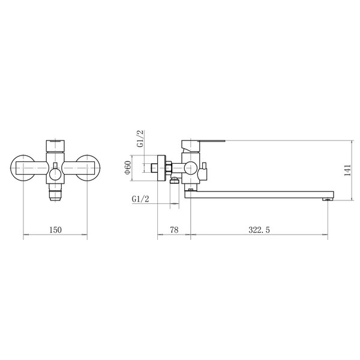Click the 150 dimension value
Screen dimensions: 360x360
(x=56, y=230)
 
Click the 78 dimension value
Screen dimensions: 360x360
(x=174, y=230)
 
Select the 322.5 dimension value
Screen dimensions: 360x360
(x=259, y=230)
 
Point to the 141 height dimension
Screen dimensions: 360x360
(x=347, y=170)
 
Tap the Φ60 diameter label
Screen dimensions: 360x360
(x=128, y=167)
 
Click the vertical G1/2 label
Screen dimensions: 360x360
(x=140, y=139)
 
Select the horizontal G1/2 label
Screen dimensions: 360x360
(x=140, y=199)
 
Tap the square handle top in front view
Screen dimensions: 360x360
(x=55, y=146)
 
